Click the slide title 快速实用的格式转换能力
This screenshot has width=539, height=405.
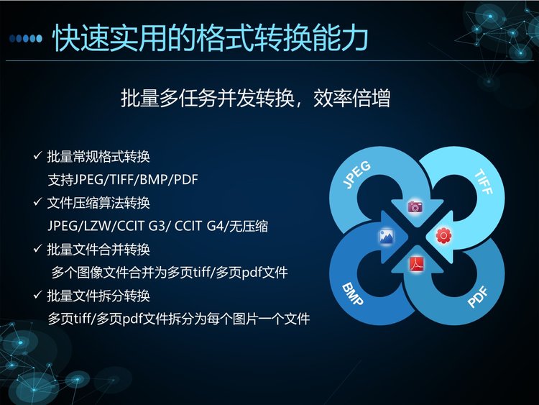[x=210, y=37]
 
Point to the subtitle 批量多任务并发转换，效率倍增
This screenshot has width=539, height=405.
[x=255, y=99]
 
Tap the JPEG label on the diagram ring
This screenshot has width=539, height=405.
[x=357, y=174]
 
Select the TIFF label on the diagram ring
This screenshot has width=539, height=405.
[x=484, y=181]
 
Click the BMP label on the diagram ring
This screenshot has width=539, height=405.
[x=352, y=294]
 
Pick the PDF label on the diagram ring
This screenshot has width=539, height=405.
[x=478, y=297]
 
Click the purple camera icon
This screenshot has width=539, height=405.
[x=415, y=206]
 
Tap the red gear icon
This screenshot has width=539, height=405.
[x=443, y=236]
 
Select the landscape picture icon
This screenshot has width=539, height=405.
[x=387, y=237]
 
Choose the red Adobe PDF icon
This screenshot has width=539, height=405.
[x=416, y=265]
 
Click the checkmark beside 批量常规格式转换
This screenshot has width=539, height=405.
[x=37, y=155]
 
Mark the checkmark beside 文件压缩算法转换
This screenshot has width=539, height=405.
[x=37, y=202]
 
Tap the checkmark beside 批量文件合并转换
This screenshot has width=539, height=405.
[x=37, y=248]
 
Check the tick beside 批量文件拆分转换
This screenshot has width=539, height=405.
[x=37, y=295]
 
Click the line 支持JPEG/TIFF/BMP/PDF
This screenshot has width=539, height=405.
[x=123, y=180]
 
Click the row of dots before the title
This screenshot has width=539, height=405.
[x=26, y=38]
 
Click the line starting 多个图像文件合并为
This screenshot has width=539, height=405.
[x=170, y=273]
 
